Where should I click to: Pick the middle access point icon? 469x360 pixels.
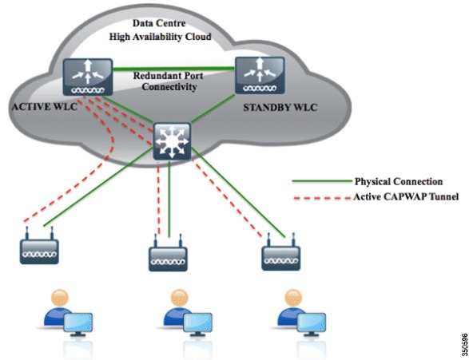(x=169, y=255)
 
